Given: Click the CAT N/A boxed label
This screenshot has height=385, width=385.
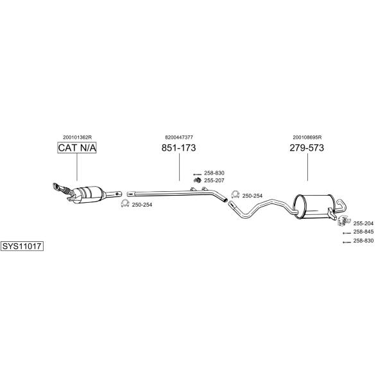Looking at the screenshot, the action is point(77,148).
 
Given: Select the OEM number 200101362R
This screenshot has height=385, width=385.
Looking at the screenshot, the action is point(78,137).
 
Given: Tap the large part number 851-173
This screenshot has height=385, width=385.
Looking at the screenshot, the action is point(179,148).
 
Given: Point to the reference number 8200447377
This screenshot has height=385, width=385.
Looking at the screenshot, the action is point(179,137).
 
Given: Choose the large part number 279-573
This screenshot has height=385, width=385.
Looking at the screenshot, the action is point(307,148).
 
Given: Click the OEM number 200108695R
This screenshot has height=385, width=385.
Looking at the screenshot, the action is point(307,137).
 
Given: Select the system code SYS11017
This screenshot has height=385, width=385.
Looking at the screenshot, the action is point(22,246).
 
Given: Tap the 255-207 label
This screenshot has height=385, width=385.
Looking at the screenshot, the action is point(214,180).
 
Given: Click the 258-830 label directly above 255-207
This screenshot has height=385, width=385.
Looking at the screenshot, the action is point(214,173).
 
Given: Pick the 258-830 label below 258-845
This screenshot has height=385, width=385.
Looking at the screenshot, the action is point(363,241).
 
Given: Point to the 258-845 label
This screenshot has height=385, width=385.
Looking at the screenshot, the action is point(363,232).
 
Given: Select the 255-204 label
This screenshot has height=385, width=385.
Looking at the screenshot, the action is point(363,223).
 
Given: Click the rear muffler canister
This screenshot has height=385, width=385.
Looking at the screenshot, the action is point(314,207).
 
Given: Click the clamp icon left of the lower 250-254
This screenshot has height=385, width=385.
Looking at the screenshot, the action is point(125,203).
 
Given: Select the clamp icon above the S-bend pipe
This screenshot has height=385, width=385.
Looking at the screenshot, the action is point(235,194).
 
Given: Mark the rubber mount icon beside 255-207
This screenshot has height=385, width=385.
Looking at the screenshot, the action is point(198,180).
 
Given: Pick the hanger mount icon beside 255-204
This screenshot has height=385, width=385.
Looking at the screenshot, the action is point(343,221).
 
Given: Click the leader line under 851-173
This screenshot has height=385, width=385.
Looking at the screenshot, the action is point(180,167).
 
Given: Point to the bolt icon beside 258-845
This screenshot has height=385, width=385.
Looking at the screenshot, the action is point(346,233).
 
